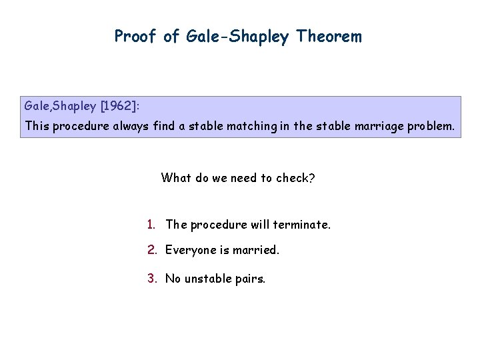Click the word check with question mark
point(297,178)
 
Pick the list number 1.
point(152,225)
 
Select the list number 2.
point(152,250)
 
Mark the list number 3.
point(152,279)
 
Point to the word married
point(256,250)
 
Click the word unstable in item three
point(209,279)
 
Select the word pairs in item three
point(251,279)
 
